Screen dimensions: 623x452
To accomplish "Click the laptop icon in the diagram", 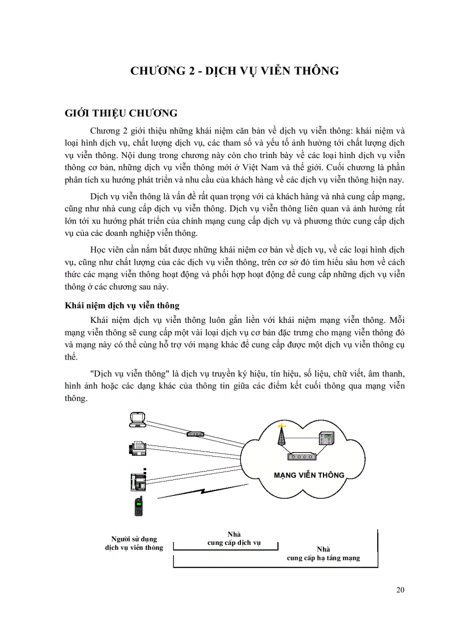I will click(137, 420).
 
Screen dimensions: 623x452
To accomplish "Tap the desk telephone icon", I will click(137, 478).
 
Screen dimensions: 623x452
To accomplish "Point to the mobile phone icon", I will click(138, 505).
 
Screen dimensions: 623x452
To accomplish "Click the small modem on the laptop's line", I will click(196, 433).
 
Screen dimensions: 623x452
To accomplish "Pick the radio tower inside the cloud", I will click(281, 436).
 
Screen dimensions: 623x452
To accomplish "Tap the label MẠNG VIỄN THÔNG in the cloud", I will click(309, 475).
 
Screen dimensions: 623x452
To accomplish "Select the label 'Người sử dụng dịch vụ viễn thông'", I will click(134, 543).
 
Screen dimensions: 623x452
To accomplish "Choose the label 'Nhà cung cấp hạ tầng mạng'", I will click(323, 553).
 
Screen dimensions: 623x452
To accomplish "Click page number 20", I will click(400, 590).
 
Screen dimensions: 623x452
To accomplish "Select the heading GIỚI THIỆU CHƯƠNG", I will click(121, 114).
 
